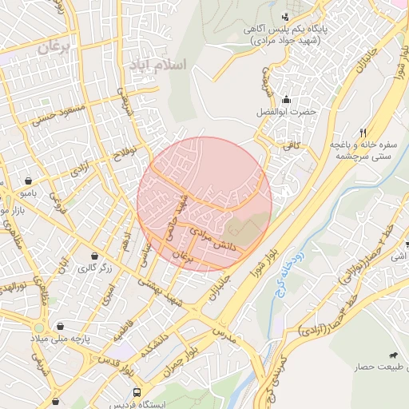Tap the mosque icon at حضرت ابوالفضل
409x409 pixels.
coord(285,99)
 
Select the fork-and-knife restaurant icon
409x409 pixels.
coord(363,133)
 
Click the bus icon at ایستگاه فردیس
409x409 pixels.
coord(137,393)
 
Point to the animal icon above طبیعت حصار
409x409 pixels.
coord(392,355)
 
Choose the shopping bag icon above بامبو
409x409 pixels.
coord(29,181)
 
